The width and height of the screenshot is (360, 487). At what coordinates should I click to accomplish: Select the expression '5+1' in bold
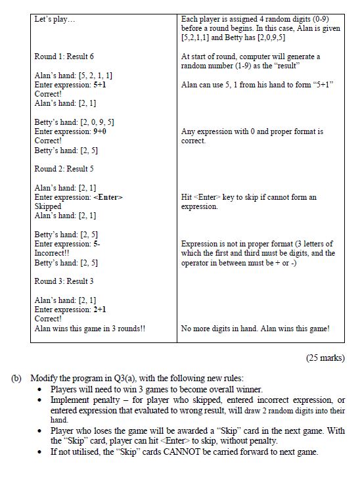[x=101, y=85]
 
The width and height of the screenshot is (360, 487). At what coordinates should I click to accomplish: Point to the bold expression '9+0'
[x=101, y=131]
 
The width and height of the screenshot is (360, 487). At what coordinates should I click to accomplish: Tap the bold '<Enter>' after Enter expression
[x=108, y=197]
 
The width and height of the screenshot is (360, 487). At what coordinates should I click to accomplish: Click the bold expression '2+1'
[x=101, y=309]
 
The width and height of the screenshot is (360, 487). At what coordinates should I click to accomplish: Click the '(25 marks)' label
[x=325, y=358]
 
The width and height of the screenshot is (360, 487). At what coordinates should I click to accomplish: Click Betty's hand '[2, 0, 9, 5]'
[x=97, y=122]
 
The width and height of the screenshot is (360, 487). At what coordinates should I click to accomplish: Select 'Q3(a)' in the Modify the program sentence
[x=127, y=379]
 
